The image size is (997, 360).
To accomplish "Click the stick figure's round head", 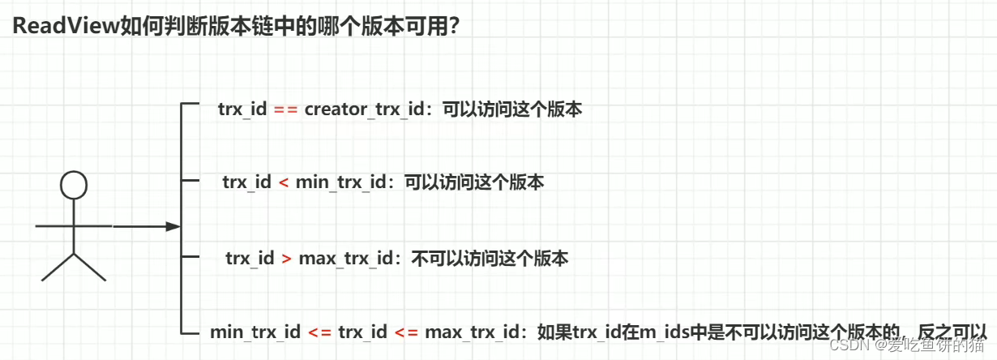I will click(x=74, y=186).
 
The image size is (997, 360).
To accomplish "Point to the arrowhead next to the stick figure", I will click(x=172, y=227).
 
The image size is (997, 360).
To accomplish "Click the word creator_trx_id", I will click(x=365, y=110).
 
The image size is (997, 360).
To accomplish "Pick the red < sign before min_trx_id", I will click(x=283, y=182).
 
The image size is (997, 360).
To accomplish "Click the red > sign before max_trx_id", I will click(x=286, y=259).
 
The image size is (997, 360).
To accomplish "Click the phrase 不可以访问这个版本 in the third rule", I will click(x=490, y=259).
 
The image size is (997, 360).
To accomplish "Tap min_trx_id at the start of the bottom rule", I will click(x=255, y=332).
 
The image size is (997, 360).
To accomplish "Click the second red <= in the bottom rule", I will click(x=408, y=332).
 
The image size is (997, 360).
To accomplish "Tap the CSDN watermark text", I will click(x=854, y=344).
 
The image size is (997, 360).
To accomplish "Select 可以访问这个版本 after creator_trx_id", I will click(x=512, y=110).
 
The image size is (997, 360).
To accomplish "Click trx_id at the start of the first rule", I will click(x=242, y=110).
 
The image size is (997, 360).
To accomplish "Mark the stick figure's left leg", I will click(x=58, y=267).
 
